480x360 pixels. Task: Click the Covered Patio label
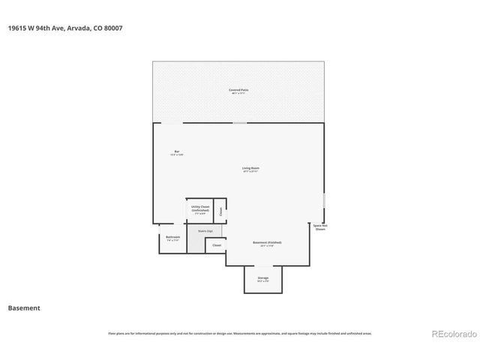[239, 90]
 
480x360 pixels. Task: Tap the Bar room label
[177, 151]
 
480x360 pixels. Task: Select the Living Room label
[250, 168]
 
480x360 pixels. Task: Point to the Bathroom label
[173, 237]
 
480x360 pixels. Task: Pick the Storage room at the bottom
[263, 278]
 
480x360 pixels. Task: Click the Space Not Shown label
[320, 227]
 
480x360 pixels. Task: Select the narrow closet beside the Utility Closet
[220, 211]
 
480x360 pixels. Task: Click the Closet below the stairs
[217, 245]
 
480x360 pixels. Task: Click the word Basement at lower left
[24, 307]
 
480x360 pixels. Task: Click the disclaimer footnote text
[240, 334]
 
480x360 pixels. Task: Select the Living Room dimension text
[250, 172]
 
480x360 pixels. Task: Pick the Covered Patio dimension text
[239, 94]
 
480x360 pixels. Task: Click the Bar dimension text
[177, 155]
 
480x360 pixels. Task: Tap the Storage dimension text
[263, 281]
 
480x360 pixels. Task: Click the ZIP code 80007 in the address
[114, 28]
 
